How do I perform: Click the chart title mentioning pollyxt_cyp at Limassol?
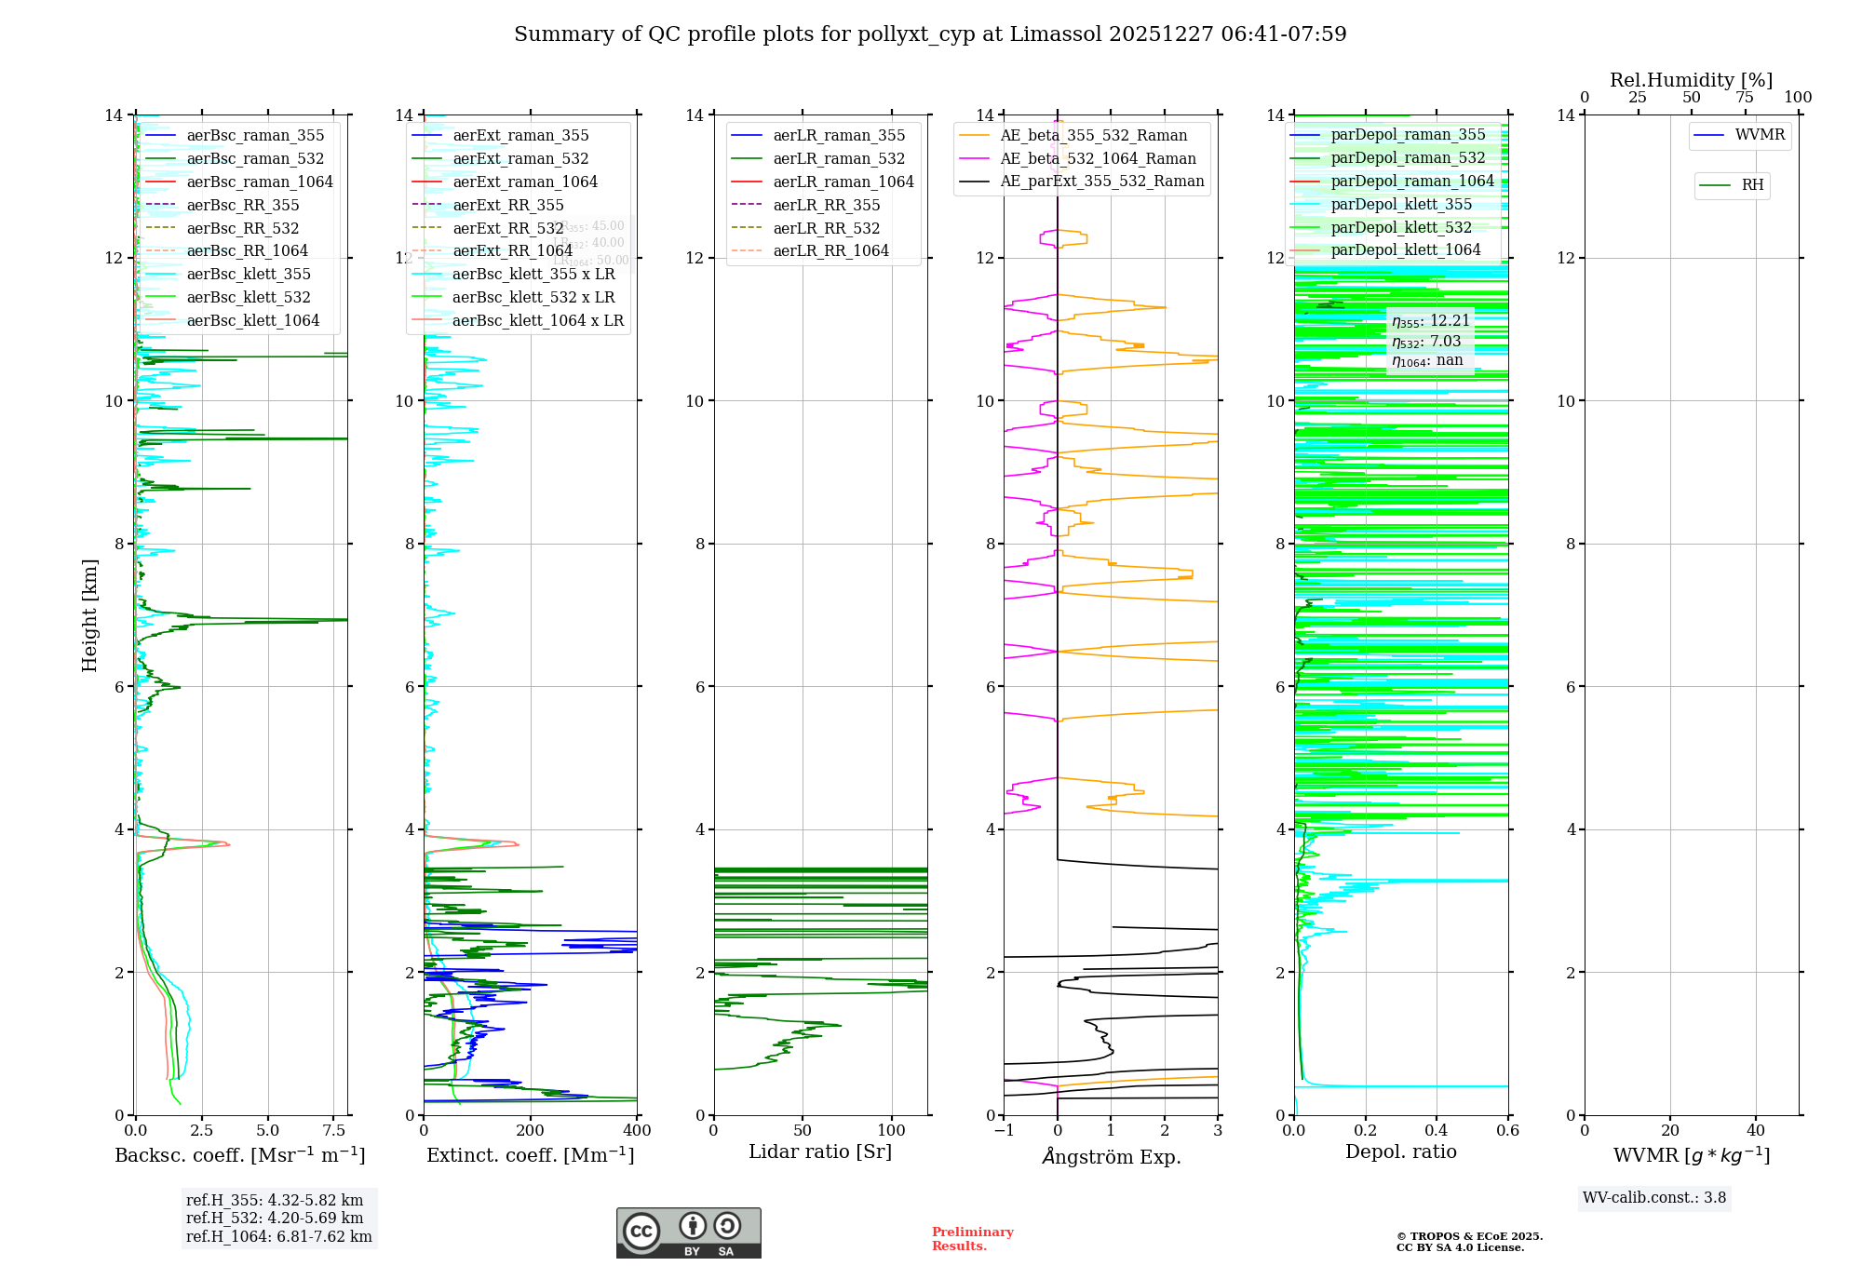click(x=930, y=34)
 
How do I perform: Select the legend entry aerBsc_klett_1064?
click(x=252, y=320)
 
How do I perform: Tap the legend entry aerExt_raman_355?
click(x=520, y=136)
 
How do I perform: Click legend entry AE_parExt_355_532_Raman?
click(x=1101, y=182)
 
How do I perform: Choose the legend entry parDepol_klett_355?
click(x=1401, y=205)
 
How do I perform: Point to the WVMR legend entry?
click(x=1760, y=135)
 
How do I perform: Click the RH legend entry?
click(x=1752, y=185)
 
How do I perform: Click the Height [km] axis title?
click(x=89, y=614)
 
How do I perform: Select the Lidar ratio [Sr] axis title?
click(x=820, y=1152)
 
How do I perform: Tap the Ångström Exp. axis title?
click(x=1111, y=1157)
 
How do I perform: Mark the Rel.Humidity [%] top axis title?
click(x=1691, y=80)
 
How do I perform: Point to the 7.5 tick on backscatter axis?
click(x=333, y=1131)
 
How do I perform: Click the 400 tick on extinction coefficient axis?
click(x=637, y=1131)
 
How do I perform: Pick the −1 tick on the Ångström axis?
click(x=1004, y=1131)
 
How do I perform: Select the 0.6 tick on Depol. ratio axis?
click(x=1507, y=1131)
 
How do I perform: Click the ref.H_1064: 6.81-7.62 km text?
click(x=278, y=1237)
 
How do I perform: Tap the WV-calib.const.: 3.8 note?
click(x=1653, y=1198)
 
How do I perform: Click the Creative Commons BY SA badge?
click(x=688, y=1233)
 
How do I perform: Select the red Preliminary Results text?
click(x=972, y=1239)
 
